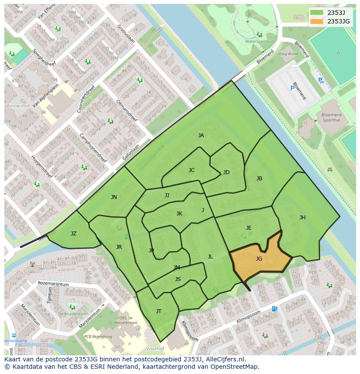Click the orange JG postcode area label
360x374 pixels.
click(259, 259)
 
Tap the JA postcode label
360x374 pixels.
click(201, 136)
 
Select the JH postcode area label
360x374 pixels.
click(302, 218)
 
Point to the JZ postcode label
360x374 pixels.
click(73, 234)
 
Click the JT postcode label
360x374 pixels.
click(159, 311)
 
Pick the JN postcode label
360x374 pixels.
click(113, 197)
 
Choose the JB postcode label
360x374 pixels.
click(259, 179)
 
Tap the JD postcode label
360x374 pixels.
click(226, 172)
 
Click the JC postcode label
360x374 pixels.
click(191, 170)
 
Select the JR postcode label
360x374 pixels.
click(119, 247)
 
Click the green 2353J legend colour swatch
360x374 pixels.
click(317, 13)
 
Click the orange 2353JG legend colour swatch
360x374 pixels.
click(317, 21)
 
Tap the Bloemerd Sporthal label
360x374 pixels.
click(331, 117)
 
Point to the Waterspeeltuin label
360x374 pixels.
click(260, 41)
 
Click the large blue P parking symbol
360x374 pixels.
click(292, 88)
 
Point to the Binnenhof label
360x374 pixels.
click(17, 106)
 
